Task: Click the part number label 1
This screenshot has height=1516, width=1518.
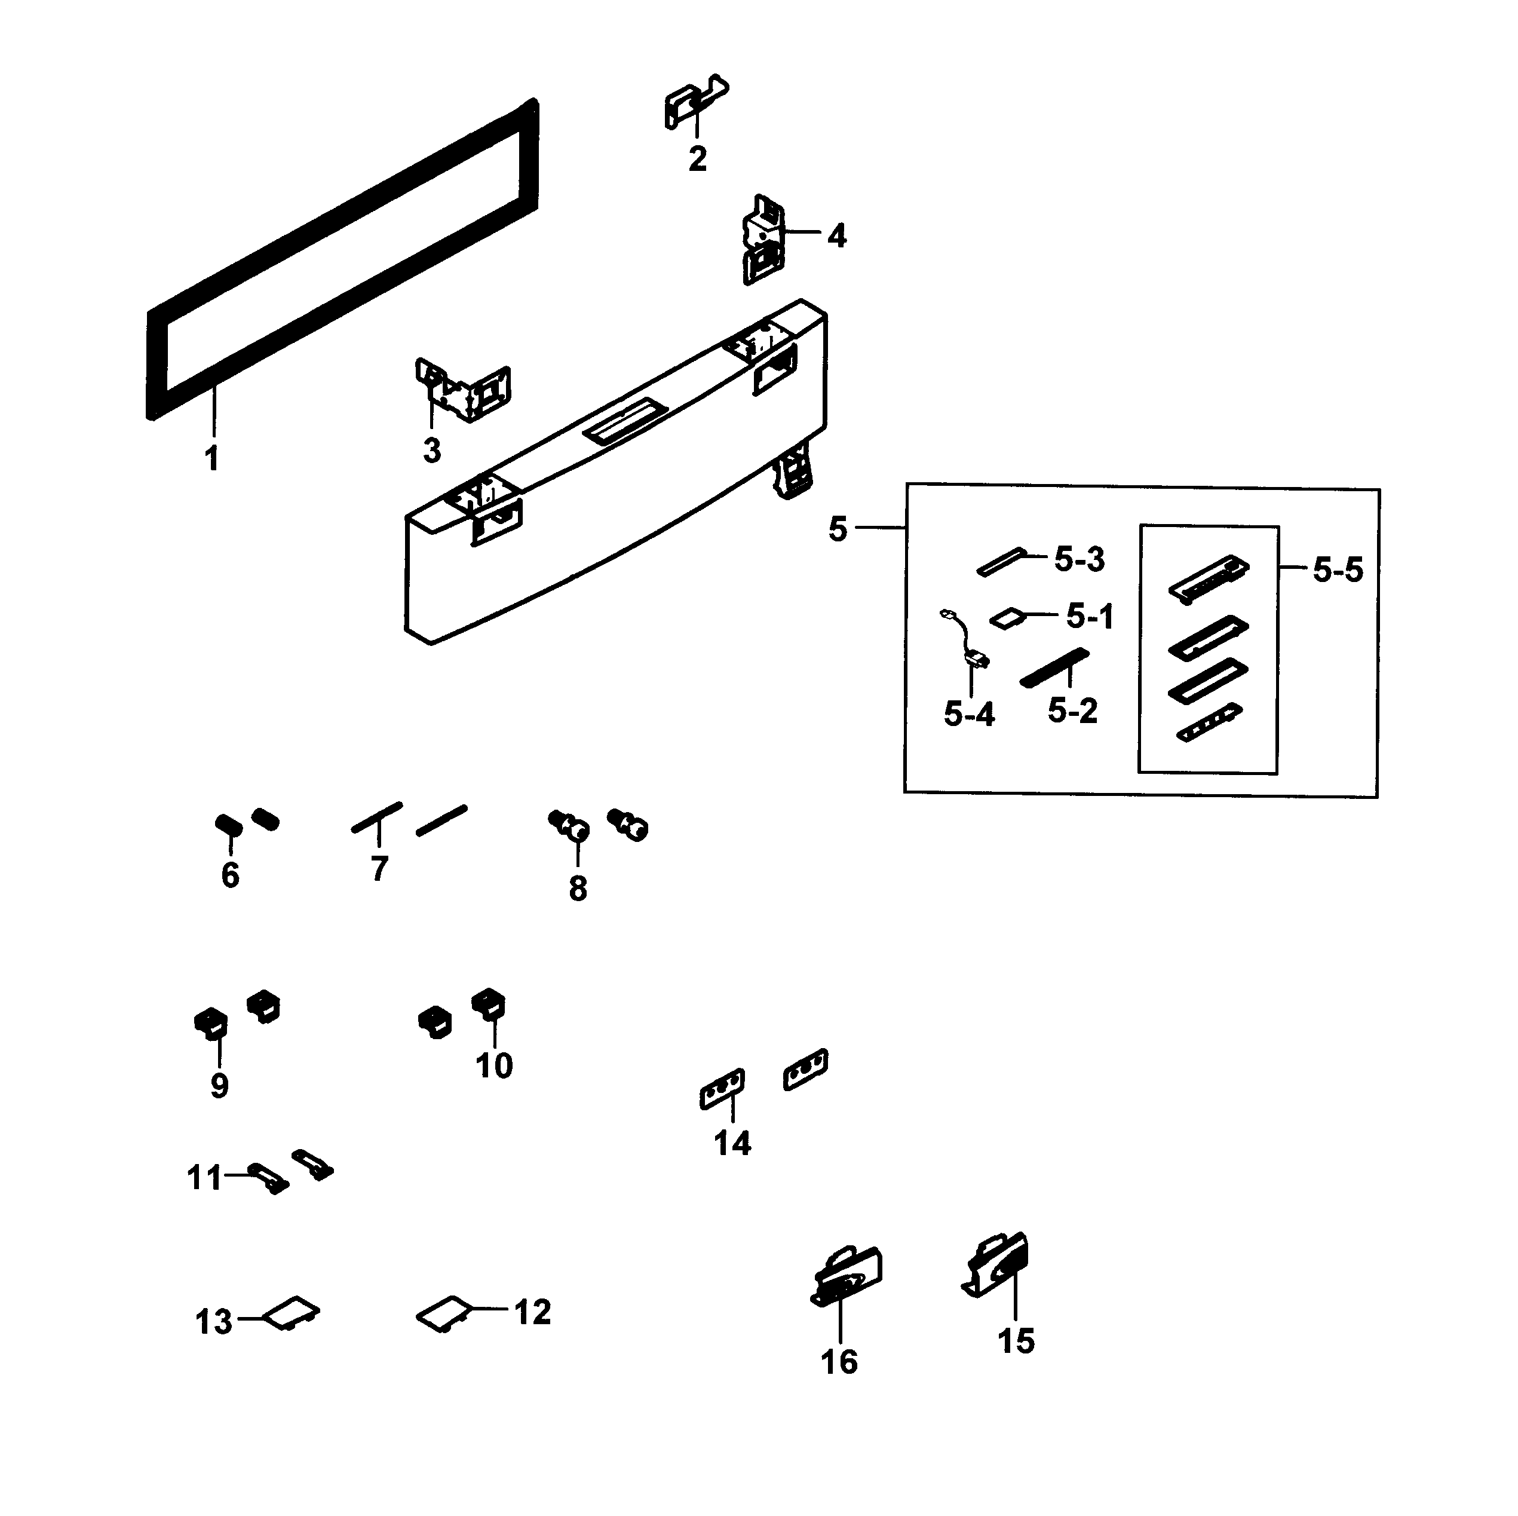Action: coord(211,458)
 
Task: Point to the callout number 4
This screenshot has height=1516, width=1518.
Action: coord(837,236)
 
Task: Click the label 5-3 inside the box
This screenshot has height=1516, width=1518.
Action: coord(1080,559)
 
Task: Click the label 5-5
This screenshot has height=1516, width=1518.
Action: coord(1338,570)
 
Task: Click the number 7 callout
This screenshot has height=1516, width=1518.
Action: coord(379,868)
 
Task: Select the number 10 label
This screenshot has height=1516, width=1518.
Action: coord(494,1065)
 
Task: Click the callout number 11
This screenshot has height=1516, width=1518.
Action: coord(204,1179)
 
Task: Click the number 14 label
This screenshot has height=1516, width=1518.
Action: coord(732,1143)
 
